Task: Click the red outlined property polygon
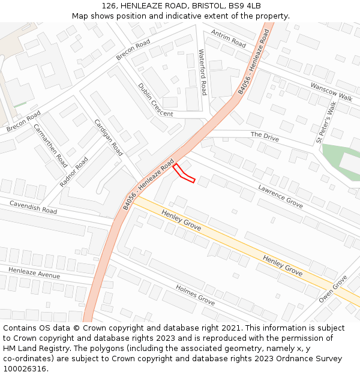184,174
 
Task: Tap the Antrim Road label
229,40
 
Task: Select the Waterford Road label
203,73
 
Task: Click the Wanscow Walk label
331,92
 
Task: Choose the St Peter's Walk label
326,122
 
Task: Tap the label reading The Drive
265,136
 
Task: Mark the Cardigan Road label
108,137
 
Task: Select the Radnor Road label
74,172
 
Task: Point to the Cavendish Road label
33,207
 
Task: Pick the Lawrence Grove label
280,196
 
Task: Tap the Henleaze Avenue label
34,272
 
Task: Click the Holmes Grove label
195,295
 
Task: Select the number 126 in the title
109,5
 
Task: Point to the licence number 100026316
25,368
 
